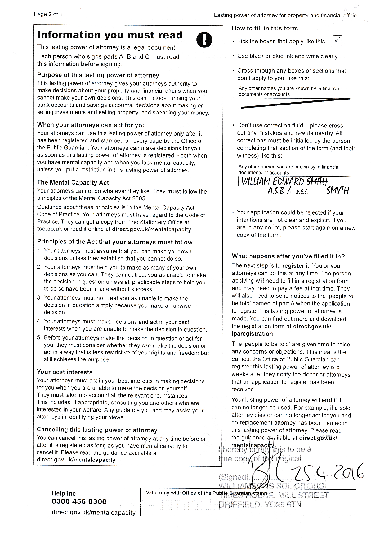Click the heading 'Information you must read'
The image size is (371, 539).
110,35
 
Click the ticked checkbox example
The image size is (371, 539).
337,41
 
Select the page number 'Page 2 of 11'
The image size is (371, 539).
49,14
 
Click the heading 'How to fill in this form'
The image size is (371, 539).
265,29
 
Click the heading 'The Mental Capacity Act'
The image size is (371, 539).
73,183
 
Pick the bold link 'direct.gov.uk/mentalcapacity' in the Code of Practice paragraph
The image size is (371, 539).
151,229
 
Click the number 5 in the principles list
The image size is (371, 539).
39,338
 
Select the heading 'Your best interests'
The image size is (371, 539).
65,372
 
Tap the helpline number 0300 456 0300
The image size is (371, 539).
79,501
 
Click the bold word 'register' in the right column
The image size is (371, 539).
293,266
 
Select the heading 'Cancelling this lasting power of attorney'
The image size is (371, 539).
97,430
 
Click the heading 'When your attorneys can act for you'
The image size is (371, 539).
92,125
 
